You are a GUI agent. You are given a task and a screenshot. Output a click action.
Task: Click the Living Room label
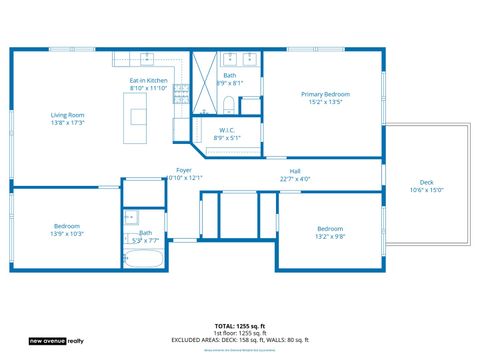point(68,115)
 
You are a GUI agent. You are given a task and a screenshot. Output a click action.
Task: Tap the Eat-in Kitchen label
point(148,80)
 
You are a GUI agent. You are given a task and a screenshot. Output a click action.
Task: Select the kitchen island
point(136,119)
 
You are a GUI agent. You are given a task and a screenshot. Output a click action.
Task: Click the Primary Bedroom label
point(325,94)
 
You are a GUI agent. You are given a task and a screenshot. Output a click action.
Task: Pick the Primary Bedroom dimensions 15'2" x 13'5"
point(325,102)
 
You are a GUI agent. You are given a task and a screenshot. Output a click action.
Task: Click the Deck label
point(427,182)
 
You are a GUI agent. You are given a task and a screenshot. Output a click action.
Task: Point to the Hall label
point(295,171)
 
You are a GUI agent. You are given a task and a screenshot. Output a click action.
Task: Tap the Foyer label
point(184,170)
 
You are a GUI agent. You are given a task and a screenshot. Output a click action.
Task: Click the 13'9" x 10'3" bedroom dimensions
point(67,234)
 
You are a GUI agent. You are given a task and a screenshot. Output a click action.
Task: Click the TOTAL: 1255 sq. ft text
point(240,326)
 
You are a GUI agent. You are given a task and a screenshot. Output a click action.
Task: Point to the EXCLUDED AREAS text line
point(240,340)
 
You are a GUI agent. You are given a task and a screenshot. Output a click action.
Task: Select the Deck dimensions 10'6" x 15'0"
point(427,190)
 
